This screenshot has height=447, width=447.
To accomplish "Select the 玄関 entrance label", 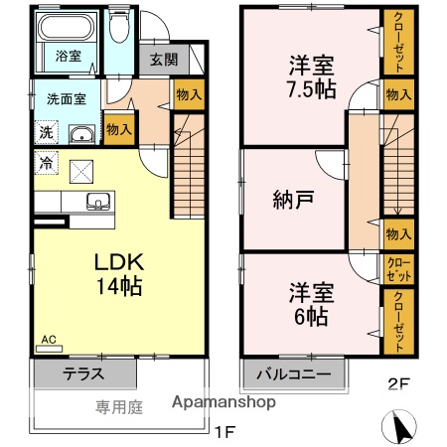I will [x=164, y=59].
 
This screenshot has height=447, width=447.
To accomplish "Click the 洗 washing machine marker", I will [x=46, y=131].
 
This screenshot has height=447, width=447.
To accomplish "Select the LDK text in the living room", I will [x=120, y=262].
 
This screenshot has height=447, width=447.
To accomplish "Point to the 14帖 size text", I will [x=120, y=288].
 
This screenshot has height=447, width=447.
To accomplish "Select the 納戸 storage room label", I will [x=293, y=199].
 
